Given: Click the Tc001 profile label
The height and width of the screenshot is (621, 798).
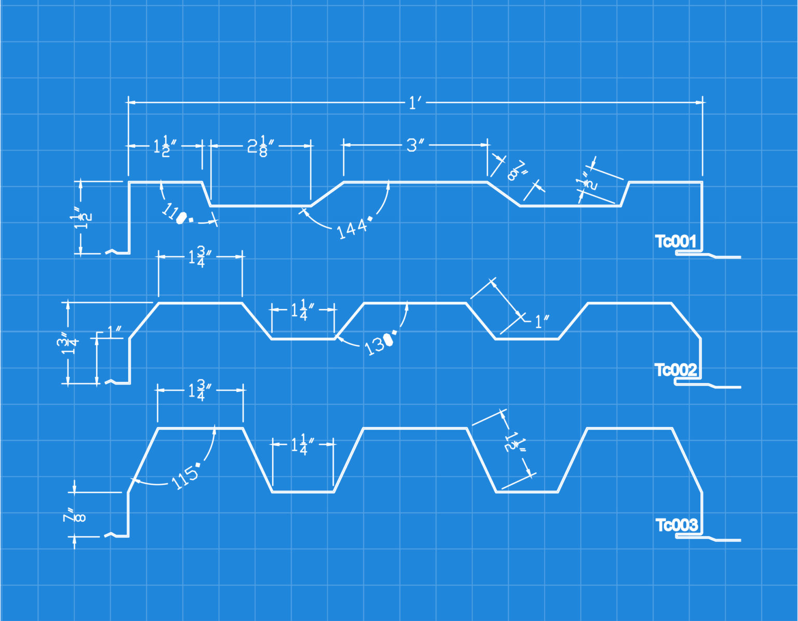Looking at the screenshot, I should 675,241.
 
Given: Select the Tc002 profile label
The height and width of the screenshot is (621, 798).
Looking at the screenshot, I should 675,370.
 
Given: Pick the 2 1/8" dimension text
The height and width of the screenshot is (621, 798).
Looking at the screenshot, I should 260,146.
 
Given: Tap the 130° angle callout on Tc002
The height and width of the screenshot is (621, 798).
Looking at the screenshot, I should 379,343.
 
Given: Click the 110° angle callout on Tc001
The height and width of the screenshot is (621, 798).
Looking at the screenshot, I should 176,214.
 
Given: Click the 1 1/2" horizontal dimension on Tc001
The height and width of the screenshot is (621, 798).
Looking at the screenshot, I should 165,146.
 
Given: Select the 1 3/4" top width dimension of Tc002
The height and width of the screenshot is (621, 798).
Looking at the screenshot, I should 199,256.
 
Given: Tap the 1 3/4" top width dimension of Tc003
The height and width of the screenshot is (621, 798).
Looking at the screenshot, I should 199,390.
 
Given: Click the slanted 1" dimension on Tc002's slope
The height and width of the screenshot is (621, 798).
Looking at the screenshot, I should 541,321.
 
